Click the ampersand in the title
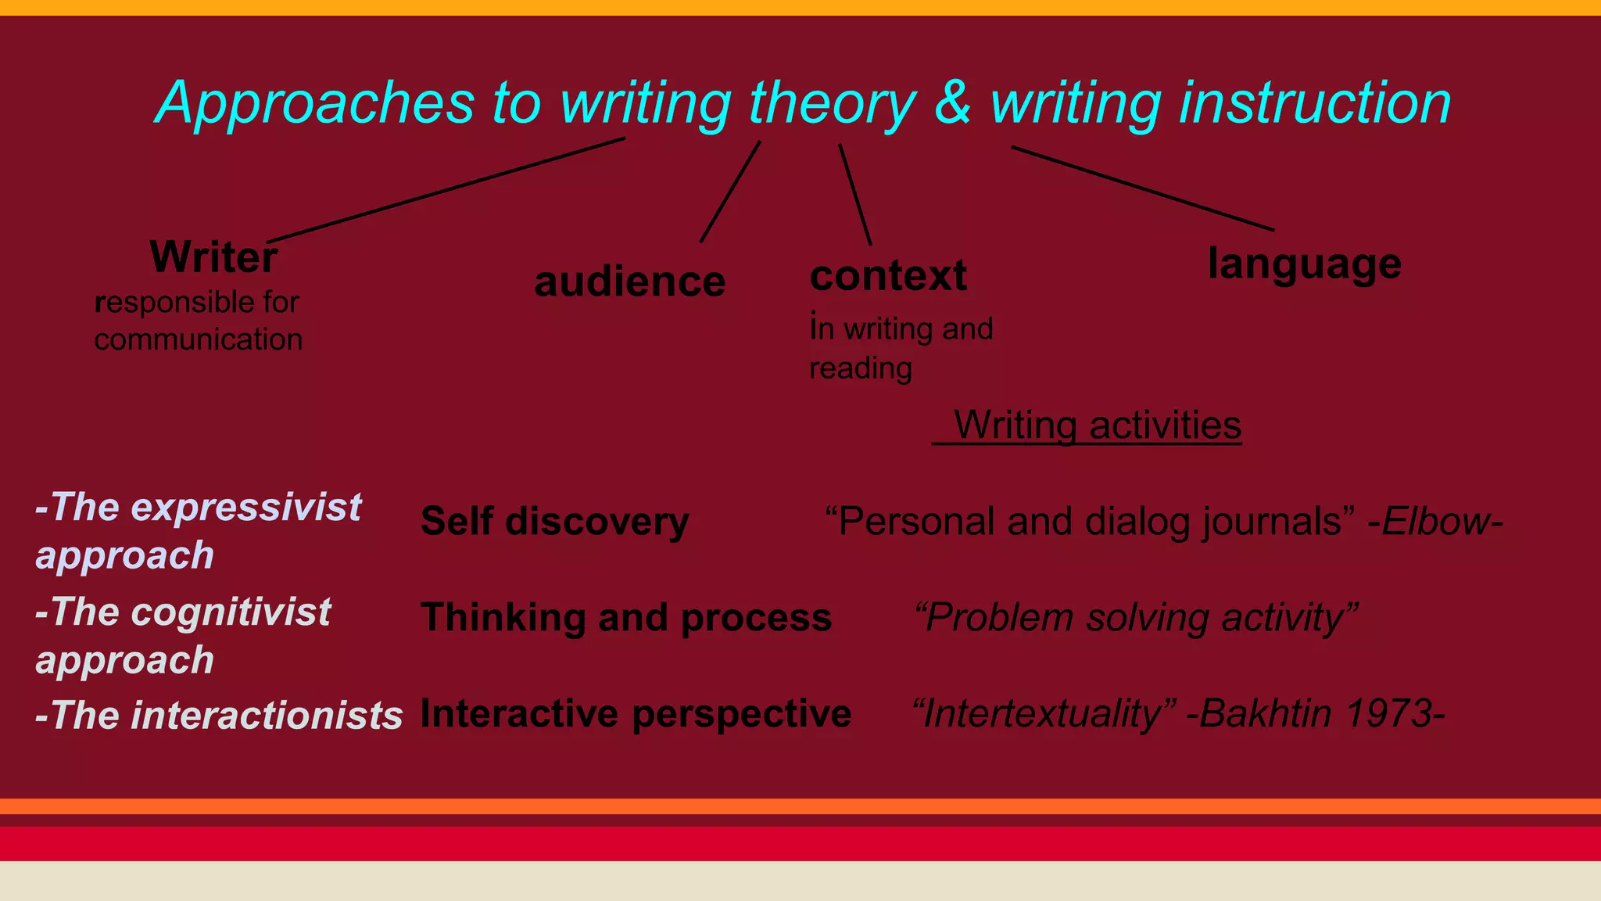click(x=952, y=102)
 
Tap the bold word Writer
click(x=213, y=257)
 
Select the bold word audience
click(x=629, y=281)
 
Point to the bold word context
click(x=888, y=275)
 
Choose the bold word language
click(x=1304, y=263)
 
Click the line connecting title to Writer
click(x=446, y=190)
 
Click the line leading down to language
click(x=1142, y=188)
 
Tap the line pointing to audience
click(x=730, y=192)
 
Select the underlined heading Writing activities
click(x=1097, y=425)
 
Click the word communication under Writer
click(x=198, y=339)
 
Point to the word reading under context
click(x=860, y=368)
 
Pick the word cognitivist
click(x=231, y=612)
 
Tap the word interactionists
click(x=267, y=715)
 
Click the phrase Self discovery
click(x=554, y=521)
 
